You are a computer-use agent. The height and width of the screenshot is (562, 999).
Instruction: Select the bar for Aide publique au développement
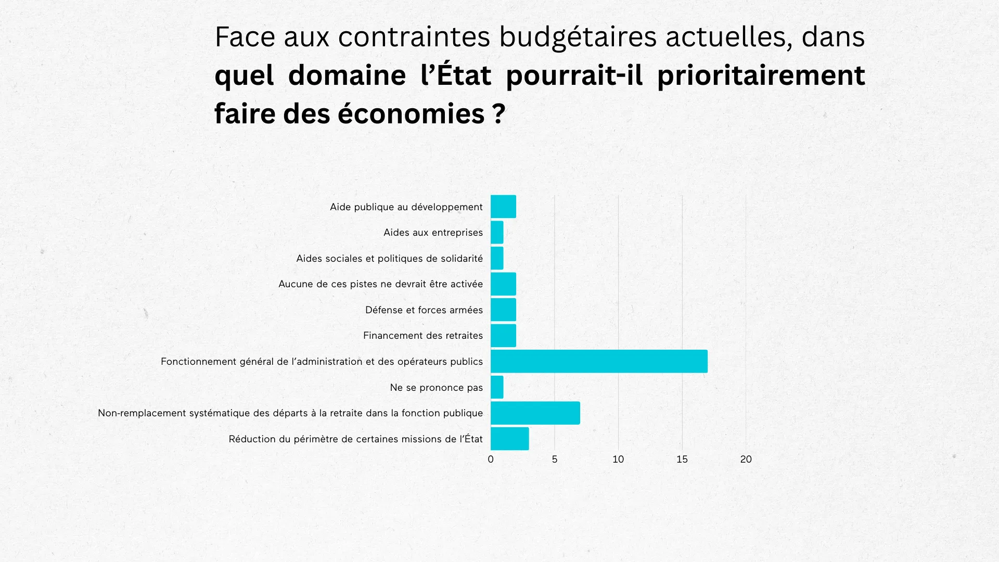(x=503, y=207)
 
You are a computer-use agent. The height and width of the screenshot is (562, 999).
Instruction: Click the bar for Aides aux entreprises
(x=497, y=233)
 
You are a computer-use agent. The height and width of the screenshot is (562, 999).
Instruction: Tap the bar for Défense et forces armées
(x=503, y=310)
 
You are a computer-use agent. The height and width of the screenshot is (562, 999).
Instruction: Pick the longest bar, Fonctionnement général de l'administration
(x=599, y=361)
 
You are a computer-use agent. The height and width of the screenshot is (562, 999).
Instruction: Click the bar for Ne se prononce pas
(x=497, y=387)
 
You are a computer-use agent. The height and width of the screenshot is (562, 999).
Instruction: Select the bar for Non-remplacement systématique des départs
(x=535, y=413)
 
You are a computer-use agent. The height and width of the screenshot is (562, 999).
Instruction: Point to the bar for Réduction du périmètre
(x=509, y=439)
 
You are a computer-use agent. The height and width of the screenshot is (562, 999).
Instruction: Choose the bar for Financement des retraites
(x=503, y=336)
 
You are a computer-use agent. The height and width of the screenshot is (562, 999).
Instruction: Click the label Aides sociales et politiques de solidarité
(x=389, y=259)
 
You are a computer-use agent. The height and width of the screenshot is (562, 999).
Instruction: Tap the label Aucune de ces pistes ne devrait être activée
(x=380, y=284)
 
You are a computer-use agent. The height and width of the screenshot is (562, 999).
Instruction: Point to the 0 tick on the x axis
(x=491, y=459)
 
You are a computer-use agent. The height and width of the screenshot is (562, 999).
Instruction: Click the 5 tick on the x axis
(x=555, y=459)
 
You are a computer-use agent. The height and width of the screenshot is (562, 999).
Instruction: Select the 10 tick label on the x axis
(x=618, y=459)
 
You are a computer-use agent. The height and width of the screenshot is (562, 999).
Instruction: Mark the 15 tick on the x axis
(x=682, y=459)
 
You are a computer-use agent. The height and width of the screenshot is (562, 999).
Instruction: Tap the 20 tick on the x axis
(x=746, y=459)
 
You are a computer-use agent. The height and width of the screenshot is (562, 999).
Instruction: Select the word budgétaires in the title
(x=578, y=37)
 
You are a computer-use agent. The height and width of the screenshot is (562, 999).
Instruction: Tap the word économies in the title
(x=411, y=113)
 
